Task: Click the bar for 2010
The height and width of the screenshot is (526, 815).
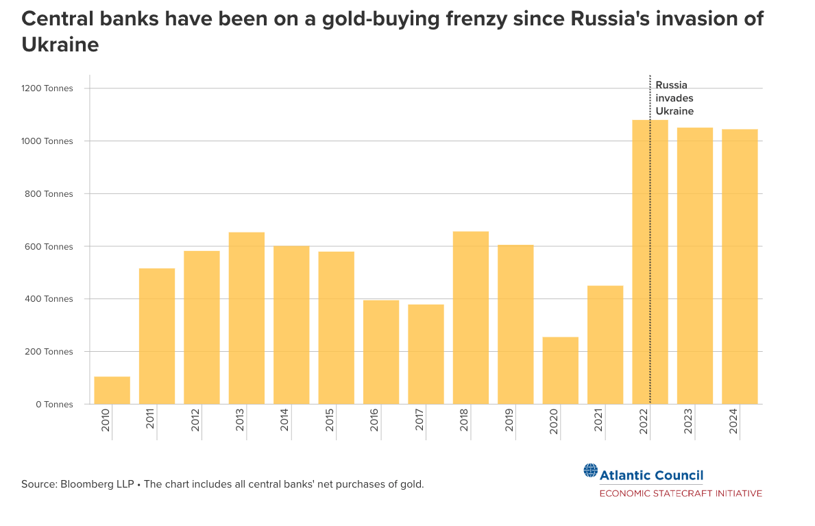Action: click(112, 390)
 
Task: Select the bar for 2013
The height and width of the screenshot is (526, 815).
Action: click(246, 318)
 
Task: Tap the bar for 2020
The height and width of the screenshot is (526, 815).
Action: click(560, 370)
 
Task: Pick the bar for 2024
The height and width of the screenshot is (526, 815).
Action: click(740, 267)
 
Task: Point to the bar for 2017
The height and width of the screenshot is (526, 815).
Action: click(426, 354)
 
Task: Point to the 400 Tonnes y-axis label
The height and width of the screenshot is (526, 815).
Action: click(50, 299)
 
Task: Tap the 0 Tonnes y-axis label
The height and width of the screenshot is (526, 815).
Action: click(54, 405)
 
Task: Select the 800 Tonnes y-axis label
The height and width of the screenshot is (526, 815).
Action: click(50, 194)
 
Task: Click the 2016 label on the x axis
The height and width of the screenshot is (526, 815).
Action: click(374, 420)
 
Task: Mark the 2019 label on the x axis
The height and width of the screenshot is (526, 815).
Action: click(509, 420)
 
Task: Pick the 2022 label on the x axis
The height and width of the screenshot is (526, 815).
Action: click(643, 420)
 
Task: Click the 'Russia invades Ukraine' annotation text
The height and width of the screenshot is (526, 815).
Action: click(674, 98)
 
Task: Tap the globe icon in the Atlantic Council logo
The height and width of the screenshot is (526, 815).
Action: click(590, 470)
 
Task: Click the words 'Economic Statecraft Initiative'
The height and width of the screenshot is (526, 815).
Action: click(681, 493)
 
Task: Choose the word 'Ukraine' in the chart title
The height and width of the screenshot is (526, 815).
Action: click(60, 45)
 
